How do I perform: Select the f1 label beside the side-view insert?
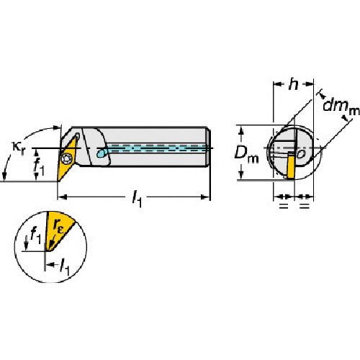(x=39, y=165)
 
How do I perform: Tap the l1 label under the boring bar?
(x=137, y=200)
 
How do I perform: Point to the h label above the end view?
(x=293, y=84)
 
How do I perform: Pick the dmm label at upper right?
(x=341, y=107)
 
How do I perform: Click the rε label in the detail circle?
(x=58, y=226)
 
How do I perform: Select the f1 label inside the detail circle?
(x=35, y=235)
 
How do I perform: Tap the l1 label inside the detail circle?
(x=64, y=266)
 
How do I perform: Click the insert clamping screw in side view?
(x=66, y=158)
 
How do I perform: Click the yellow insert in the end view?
(x=291, y=166)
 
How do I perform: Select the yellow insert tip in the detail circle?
(x=58, y=230)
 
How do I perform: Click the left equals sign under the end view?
(x=284, y=205)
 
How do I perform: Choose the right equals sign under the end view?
(x=305, y=205)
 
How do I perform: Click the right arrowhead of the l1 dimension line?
(x=205, y=197)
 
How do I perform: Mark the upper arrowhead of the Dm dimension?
(x=242, y=130)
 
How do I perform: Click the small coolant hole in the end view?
(x=301, y=154)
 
